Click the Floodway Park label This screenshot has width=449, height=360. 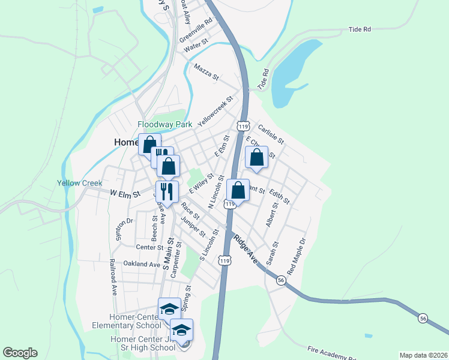164,124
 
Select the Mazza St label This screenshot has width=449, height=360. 206,72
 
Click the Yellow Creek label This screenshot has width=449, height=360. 80,183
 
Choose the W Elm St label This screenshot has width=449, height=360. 125,194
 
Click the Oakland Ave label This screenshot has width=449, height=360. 142,264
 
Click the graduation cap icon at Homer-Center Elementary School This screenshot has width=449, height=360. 169,309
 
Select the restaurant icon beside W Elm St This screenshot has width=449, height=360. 166,191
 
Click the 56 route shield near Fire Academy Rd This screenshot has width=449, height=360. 423,318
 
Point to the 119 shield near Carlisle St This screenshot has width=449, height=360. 243,126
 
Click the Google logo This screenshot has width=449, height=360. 20,353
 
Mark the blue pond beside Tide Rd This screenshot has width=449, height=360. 292,72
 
